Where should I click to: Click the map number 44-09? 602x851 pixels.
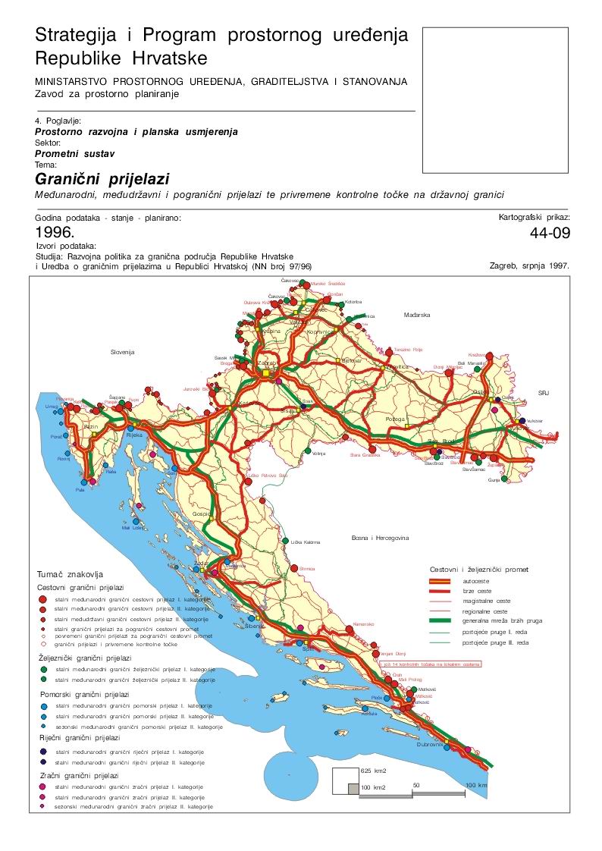point(549,233)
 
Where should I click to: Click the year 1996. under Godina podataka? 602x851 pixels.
point(55,232)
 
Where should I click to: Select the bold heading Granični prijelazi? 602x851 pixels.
point(102,179)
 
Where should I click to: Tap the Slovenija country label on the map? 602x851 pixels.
point(122,352)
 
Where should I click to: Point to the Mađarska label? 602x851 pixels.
point(416,314)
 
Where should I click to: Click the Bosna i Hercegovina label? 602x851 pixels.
point(380,538)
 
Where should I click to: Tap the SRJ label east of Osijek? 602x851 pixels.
point(542,393)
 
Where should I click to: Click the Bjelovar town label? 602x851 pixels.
point(351,361)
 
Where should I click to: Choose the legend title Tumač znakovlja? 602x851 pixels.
point(70,575)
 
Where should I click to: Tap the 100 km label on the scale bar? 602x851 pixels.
point(475,785)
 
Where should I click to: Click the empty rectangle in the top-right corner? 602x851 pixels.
point(495,100)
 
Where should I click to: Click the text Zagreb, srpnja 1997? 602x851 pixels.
point(529,265)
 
